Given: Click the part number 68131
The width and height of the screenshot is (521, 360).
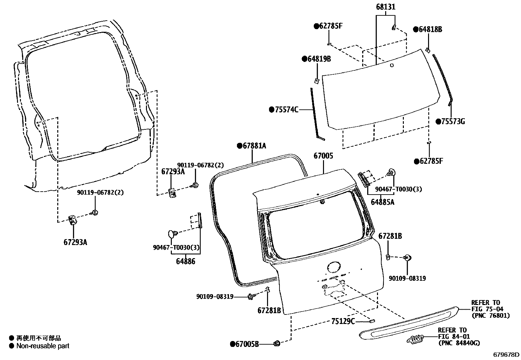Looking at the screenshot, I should (x=385, y=7).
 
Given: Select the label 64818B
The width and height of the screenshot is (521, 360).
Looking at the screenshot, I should (x=430, y=29).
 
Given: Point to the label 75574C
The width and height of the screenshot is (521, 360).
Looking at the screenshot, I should (x=286, y=110).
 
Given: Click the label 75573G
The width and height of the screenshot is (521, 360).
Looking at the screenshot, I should (x=453, y=122).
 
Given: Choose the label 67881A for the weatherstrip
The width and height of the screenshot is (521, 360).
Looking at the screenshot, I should (x=254, y=146).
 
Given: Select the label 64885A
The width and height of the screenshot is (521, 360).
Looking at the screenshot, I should (x=382, y=202).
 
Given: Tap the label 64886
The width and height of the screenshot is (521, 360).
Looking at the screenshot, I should (x=186, y=261).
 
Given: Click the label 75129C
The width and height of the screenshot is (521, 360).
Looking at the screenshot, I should (x=343, y=321).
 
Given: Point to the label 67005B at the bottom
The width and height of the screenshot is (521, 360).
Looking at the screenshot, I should (x=247, y=344).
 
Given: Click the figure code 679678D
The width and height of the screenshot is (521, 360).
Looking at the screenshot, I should (x=506, y=354).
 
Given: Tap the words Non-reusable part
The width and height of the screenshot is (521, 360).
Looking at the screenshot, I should (x=43, y=346).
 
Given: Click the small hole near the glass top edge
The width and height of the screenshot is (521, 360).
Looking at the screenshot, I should (x=392, y=65).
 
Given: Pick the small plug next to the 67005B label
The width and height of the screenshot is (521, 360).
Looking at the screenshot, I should (x=277, y=343).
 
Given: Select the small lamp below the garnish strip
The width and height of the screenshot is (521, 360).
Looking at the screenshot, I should (x=415, y=340).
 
